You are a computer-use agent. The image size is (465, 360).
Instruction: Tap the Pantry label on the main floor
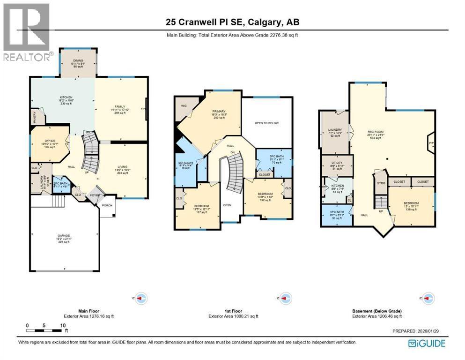pyautogui.click(x=35, y=117)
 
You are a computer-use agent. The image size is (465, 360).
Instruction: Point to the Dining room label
pyautogui.click(x=77, y=60)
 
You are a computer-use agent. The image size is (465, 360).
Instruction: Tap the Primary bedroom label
pyautogui.click(x=218, y=112)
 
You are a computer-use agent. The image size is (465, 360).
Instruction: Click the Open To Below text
pyautogui.click(x=266, y=123)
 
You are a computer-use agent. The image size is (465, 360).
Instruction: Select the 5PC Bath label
pyautogui.click(x=274, y=156)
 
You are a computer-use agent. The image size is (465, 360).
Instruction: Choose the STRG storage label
pyautogui.click(x=381, y=183)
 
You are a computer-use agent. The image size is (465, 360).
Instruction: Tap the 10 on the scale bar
pyautogui.click(x=62, y=325)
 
